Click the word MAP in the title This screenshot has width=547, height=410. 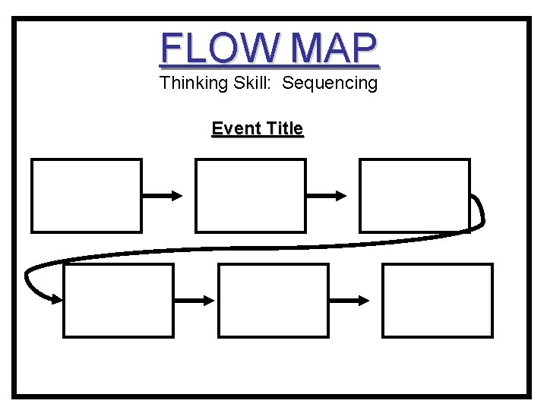(x=334, y=48)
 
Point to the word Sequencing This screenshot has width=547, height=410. (x=330, y=83)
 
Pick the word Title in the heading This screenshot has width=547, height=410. (x=281, y=128)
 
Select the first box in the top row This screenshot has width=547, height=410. (x=87, y=195)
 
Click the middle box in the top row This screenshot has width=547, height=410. (x=251, y=195)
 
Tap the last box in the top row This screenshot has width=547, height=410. (x=415, y=195)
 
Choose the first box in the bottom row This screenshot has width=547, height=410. (x=119, y=300)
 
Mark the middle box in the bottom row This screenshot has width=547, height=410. (x=273, y=300)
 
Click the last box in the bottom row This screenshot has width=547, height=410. (x=438, y=300)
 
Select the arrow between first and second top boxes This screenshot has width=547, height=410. (x=163, y=195)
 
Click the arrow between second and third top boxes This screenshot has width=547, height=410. (x=327, y=195)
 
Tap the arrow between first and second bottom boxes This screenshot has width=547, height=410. (x=195, y=300)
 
